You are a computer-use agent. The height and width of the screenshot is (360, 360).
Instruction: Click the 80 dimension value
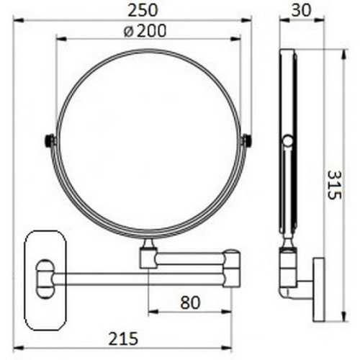point(189,302)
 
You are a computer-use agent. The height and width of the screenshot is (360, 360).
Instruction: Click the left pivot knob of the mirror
point(50,141)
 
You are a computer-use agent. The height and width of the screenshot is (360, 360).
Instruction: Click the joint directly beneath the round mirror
point(149,253)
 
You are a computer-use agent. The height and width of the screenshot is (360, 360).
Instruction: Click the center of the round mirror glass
point(149,141)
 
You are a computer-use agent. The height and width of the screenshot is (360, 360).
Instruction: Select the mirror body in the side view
point(287,144)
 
